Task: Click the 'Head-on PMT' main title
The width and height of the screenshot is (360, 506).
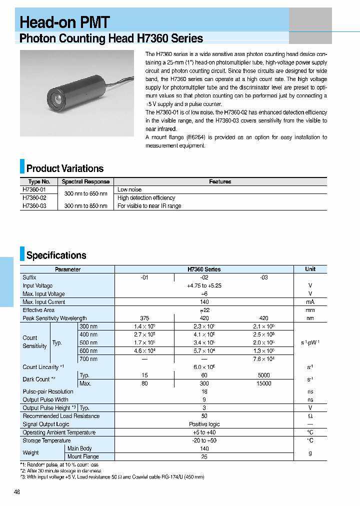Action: (64, 22)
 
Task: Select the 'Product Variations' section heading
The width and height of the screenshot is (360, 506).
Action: (65, 168)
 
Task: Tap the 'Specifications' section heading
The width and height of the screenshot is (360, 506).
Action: (56, 255)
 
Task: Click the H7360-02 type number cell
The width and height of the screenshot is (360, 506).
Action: (34, 198)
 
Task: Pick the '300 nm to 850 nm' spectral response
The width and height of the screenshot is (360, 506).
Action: (85, 206)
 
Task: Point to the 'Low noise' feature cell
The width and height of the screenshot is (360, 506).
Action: (129, 189)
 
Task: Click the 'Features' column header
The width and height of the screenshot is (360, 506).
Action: (220, 181)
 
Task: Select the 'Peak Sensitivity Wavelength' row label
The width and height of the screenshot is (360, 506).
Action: (54, 318)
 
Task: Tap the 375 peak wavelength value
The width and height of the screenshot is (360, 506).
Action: (144, 318)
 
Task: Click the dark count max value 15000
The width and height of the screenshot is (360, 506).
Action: (263, 383)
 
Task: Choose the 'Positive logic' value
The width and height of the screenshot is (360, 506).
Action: (204, 424)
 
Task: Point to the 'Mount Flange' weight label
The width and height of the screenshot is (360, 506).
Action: (83, 456)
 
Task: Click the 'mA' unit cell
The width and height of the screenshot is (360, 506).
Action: (310, 302)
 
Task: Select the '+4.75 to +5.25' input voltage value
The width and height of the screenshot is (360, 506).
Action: (204, 285)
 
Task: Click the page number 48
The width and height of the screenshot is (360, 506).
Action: (17, 492)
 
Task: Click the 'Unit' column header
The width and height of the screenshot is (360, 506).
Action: (310, 269)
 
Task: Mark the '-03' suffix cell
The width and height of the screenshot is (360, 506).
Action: (263, 277)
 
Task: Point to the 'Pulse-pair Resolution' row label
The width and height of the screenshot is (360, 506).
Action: (48, 391)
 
